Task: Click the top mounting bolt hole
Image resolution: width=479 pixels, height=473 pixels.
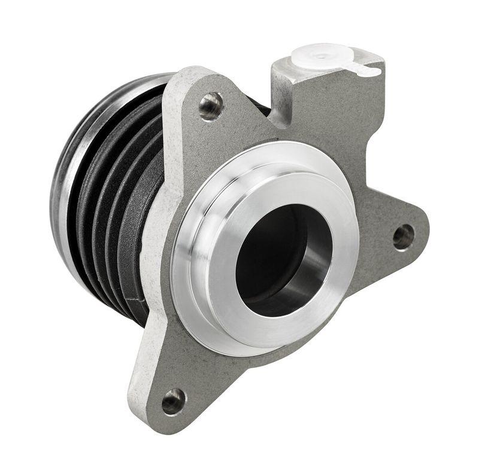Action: click(x=210, y=106)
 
